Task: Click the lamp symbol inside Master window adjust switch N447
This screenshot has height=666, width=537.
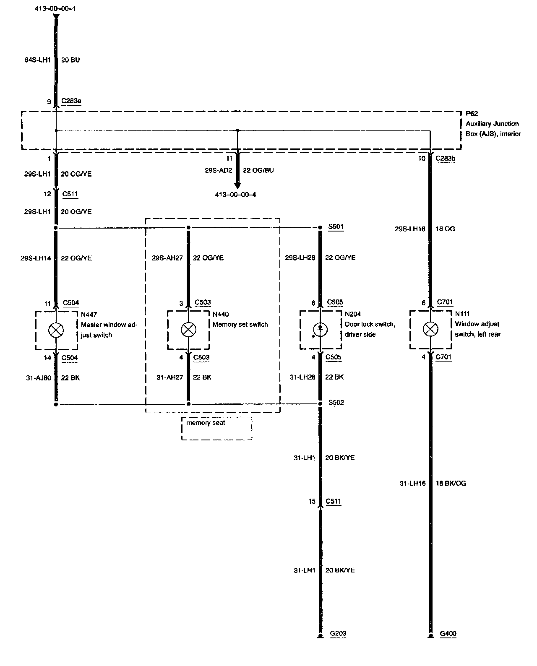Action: [x=56, y=330]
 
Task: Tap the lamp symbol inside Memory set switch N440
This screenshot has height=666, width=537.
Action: [x=188, y=330]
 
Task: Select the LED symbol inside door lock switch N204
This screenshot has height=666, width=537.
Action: [x=320, y=330]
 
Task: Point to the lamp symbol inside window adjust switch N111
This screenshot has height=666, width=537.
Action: [x=430, y=329]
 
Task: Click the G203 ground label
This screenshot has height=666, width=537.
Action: [x=338, y=634]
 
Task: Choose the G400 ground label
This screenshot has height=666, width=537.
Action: [x=448, y=634]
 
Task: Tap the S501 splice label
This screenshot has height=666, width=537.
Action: [x=336, y=227]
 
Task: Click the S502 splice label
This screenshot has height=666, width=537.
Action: [x=336, y=403]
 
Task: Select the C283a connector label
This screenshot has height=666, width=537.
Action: [x=72, y=101]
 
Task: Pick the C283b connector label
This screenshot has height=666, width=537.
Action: [x=445, y=159]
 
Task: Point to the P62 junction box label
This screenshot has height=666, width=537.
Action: [x=472, y=114]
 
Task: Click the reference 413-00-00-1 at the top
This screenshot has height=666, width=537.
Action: [x=55, y=8]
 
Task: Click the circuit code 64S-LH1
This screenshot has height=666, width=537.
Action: [x=37, y=60]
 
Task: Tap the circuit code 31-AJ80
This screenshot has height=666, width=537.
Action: [x=38, y=378]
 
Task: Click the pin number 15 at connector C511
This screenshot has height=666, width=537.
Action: [x=312, y=501]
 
